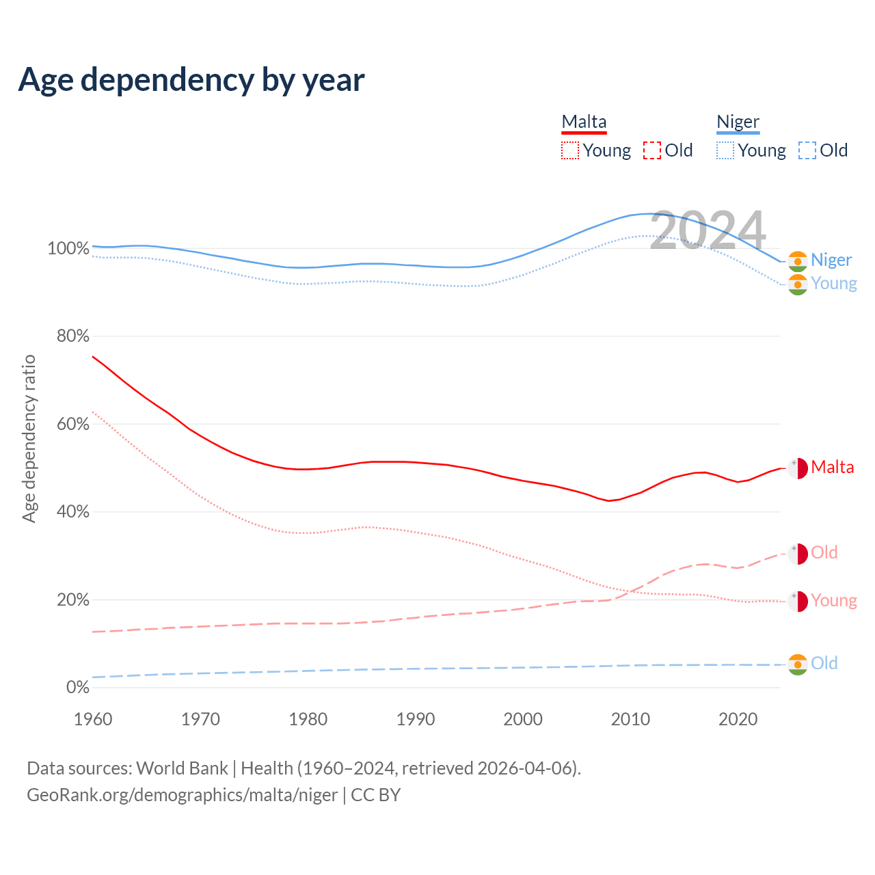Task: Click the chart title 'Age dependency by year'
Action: (x=191, y=79)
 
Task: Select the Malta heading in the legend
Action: (x=584, y=122)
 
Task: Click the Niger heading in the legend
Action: (x=738, y=122)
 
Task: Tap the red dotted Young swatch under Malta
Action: (x=569, y=150)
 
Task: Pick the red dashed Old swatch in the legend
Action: (x=652, y=150)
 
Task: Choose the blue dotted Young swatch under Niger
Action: (x=725, y=150)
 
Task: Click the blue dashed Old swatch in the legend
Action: (x=807, y=150)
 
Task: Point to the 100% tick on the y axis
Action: (x=68, y=248)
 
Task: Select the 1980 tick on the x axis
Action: (x=308, y=719)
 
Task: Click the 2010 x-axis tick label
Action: (x=630, y=719)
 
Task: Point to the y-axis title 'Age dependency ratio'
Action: (x=29, y=438)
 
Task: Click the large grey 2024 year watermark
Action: (x=708, y=230)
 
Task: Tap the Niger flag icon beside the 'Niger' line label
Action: (x=798, y=260)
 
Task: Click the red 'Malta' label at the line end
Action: (x=832, y=468)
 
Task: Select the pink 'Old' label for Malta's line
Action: (x=824, y=552)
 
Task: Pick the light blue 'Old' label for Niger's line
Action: (x=824, y=663)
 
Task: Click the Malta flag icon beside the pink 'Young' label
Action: (x=798, y=601)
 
